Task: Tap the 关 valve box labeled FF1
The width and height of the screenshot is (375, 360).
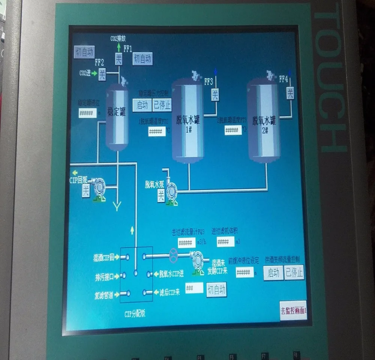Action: pyautogui.click(x=118, y=59)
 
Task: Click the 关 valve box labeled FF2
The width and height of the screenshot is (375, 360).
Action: pyautogui.click(x=102, y=74)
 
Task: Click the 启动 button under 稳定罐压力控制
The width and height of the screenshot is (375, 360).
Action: pyautogui.click(x=142, y=105)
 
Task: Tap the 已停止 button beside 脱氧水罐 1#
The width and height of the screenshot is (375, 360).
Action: pyautogui.click(x=162, y=105)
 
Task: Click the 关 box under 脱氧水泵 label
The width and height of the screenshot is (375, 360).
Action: pyautogui.click(x=161, y=195)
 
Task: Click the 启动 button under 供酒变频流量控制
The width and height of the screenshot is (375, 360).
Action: pyautogui.click(x=273, y=273)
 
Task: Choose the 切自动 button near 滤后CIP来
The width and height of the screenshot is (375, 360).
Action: pyautogui.click(x=216, y=290)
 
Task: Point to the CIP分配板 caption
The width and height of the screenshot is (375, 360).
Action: pyautogui.click(x=135, y=314)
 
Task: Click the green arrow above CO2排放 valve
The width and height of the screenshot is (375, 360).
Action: pyautogui.click(x=118, y=48)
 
